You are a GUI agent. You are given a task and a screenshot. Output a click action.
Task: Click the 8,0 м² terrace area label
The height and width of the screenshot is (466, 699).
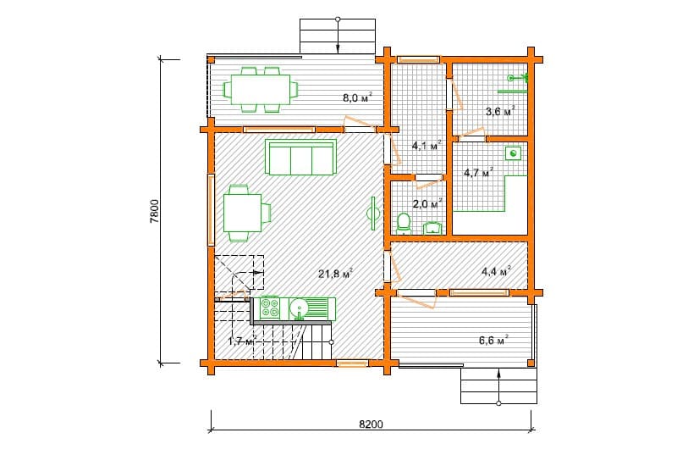(x=357, y=97)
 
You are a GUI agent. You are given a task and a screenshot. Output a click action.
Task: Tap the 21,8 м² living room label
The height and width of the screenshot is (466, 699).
(x=336, y=273)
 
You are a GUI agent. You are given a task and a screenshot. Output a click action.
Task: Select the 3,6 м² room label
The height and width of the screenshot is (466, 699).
(x=500, y=111)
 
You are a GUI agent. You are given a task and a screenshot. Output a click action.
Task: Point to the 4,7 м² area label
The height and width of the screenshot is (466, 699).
(x=479, y=172)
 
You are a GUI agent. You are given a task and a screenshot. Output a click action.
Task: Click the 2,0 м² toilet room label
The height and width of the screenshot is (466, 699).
(x=427, y=203)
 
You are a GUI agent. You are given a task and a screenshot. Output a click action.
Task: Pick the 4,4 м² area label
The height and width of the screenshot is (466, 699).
(x=496, y=271)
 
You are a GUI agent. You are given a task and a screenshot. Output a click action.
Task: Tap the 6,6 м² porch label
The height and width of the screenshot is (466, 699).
(x=494, y=340)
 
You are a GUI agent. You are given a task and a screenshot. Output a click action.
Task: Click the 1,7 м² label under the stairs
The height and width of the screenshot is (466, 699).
(x=243, y=341)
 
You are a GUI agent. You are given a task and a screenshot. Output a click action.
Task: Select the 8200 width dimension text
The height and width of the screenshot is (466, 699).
(x=371, y=424)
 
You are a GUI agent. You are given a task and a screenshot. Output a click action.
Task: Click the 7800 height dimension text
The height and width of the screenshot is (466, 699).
(x=154, y=211)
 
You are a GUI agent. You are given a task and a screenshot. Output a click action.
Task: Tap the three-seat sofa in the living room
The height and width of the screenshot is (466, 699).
(x=300, y=157)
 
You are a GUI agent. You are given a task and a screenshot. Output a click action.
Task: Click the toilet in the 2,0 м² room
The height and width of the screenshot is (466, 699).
(x=404, y=224)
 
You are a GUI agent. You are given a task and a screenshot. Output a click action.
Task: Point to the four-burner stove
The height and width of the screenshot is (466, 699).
(x=270, y=308)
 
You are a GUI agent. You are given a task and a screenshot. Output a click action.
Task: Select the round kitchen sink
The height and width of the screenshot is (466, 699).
(x=299, y=308)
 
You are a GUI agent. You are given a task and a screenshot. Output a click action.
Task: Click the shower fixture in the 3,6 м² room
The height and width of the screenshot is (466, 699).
(x=519, y=78)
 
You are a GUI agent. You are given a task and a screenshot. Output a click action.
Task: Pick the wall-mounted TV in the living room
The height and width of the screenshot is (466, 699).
(x=372, y=214)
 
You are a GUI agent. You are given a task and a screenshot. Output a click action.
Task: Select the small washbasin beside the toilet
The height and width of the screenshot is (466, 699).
(x=431, y=228)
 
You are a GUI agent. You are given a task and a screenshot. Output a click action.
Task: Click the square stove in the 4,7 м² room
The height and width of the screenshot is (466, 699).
(x=513, y=154)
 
